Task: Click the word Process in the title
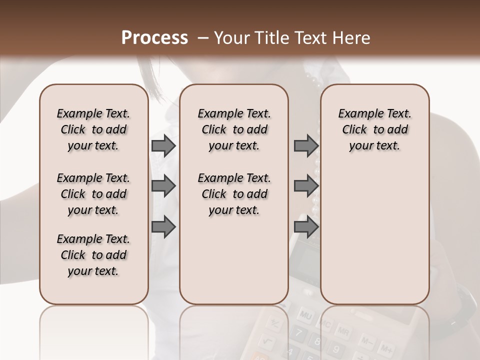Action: (155, 37)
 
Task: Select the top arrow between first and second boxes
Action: (163, 145)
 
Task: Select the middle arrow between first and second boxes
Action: (163, 186)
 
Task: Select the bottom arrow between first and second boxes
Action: (163, 227)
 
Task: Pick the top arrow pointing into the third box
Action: (306, 145)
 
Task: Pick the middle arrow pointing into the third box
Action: (306, 186)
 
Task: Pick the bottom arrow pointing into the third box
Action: (306, 227)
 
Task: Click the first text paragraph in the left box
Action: (93, 129)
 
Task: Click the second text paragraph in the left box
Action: (93, 194)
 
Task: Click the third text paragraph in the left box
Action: (93, 255)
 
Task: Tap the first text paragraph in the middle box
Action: (234, 129)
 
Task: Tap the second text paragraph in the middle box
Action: (234, 194)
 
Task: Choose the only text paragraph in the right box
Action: (374, 129)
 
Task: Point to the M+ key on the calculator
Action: (385, 348)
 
